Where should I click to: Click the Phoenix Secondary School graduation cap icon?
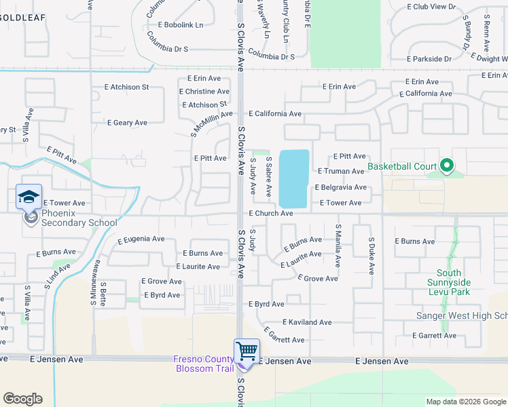coord(29,197)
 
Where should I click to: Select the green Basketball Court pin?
coord(446,166)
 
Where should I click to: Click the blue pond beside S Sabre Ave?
coord(294,178)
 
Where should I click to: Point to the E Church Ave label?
coord(270,214)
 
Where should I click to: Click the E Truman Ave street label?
coord(341,172)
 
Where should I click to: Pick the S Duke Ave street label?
coord(371,256)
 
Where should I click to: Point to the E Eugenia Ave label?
coord(141,239)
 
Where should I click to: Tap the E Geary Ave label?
coord(127,123)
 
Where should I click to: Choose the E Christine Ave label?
coord(204,92)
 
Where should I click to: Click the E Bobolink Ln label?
coord(181,25)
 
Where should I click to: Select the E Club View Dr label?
coord(431,6)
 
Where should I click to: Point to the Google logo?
coord(22,399)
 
